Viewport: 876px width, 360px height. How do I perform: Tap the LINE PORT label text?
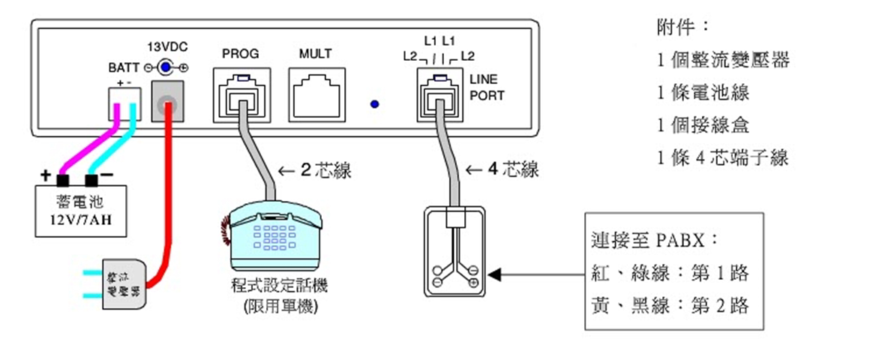point(487,87)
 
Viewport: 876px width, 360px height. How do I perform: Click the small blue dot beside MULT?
point(373,104)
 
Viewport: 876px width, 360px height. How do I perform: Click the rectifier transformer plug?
point(115,284)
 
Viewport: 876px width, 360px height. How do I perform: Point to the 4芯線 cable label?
point(502,170)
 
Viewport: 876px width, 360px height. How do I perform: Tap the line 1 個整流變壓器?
point(723,60)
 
